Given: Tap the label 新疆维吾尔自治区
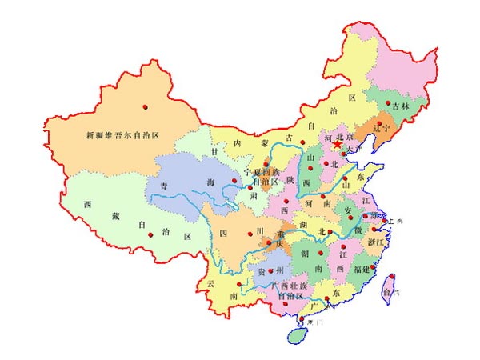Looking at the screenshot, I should coord(123,136).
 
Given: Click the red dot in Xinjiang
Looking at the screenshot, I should coord(146,106).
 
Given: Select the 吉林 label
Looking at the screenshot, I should coord(402,106).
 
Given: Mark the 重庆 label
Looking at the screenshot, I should coord(281,239).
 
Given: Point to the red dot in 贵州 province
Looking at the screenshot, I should coord(272,270).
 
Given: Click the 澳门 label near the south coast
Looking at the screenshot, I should coord(310,322).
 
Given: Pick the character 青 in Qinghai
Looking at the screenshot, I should coord(163,186).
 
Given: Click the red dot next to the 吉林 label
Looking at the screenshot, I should coord(387,104).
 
